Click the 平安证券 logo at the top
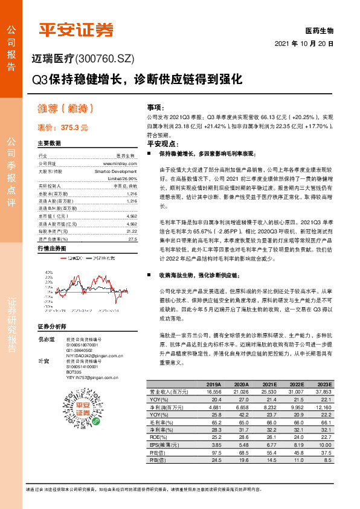click(76, 30)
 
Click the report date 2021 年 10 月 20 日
click(304, 44)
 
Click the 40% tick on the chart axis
click(49, 256)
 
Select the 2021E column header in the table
click(269, 384)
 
